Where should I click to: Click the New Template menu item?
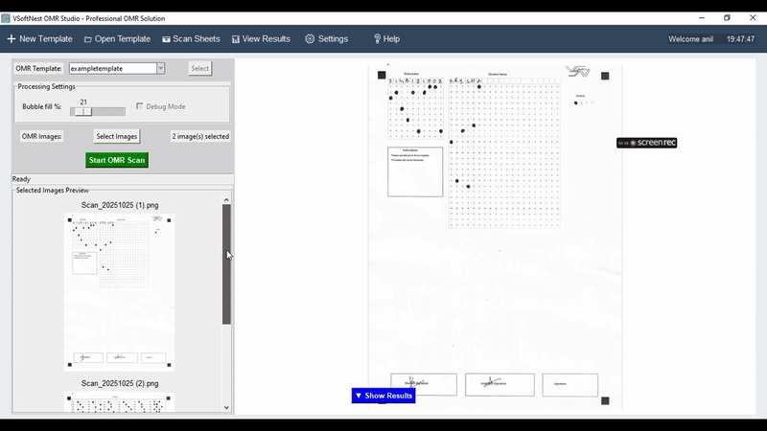[40, 39]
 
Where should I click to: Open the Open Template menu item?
[117, 39]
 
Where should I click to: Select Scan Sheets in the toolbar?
[191, 39]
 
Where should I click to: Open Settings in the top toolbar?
[326, 39]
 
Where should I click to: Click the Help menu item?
[386, 39]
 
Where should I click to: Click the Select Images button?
[117, 136]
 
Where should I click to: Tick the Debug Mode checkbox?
[140, 106]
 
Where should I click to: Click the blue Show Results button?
[383, 396]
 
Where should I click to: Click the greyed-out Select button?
[199, 68]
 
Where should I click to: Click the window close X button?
[751, 18]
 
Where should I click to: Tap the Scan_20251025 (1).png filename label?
[119, 205]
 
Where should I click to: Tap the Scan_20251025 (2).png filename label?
[119, 383]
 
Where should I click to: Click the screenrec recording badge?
[647, 143]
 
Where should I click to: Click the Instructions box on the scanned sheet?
[415, 171]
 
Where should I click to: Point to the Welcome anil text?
[692, 39]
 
